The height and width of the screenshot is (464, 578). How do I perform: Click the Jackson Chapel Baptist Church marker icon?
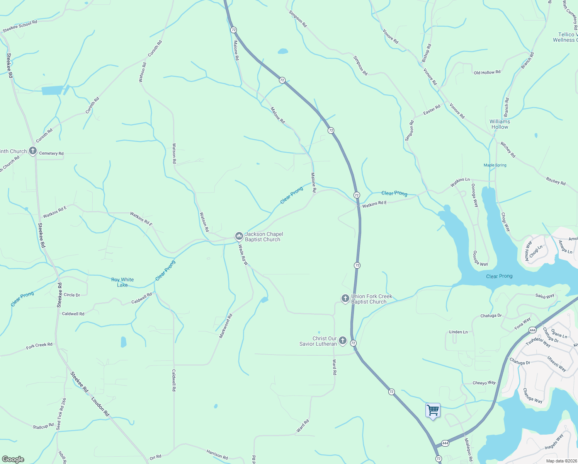coord(239,236)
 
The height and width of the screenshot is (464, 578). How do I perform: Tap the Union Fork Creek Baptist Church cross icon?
coord(345,298)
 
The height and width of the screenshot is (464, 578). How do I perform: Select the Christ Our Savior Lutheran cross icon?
coord(342,341)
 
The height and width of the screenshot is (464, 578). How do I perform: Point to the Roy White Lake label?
coord(122,282)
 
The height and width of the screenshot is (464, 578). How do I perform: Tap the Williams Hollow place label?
coord(500,124)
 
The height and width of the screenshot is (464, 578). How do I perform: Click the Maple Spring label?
coord(495,165)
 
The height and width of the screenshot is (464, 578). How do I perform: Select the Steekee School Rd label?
coord(20,26)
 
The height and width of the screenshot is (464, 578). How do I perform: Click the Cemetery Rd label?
coord(51,154)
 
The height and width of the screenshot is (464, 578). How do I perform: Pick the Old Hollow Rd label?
coord(487,72)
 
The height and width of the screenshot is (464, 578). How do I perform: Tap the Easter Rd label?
coord(432,110)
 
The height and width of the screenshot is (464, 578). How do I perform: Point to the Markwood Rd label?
coord(226,326)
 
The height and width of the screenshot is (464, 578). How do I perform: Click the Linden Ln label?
coord(458,332)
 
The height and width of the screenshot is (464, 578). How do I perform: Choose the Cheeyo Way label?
coord(484,383)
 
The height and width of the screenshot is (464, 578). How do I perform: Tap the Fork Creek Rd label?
coord(39,346)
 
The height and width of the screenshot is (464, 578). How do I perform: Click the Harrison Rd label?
coord(217,454)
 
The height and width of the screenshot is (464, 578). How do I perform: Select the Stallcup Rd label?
coord(43,426)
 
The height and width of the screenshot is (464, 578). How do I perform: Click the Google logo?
coord(13,459)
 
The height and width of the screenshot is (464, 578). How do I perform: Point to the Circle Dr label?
coord(72,295)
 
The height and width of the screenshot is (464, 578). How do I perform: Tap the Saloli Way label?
coord(545,296)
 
